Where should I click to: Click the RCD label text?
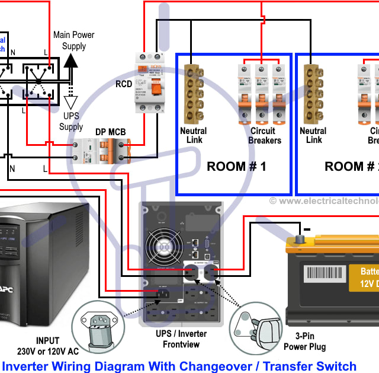coord(124,84)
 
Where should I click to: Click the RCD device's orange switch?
coord(156,89)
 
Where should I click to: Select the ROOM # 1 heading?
coord(236,167)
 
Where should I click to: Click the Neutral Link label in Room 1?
coord(193,135)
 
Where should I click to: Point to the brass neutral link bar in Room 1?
coord(192,91)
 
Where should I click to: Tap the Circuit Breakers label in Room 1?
coord(263,135)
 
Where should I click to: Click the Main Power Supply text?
coord(74,40)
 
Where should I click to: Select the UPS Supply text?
coord(71,122)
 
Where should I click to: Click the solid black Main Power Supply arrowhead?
coord(71,60)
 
